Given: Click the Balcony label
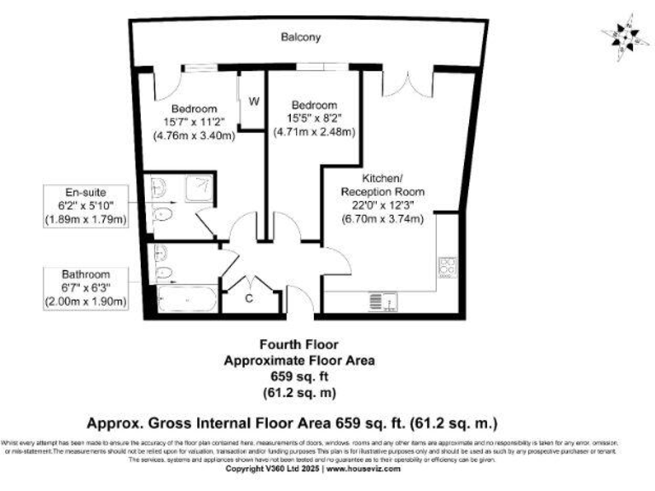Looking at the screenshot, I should click(302, 38).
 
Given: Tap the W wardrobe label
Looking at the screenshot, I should click(253, 101).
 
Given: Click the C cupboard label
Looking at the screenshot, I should click(249, 298).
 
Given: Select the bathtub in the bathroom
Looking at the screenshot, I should click(183, 298).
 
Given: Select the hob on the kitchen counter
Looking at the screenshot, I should click(447, 267).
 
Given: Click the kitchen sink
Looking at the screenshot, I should click(379, 301).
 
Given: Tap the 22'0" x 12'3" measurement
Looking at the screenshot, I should click(381, 205).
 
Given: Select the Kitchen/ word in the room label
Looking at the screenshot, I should click(381, 178).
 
